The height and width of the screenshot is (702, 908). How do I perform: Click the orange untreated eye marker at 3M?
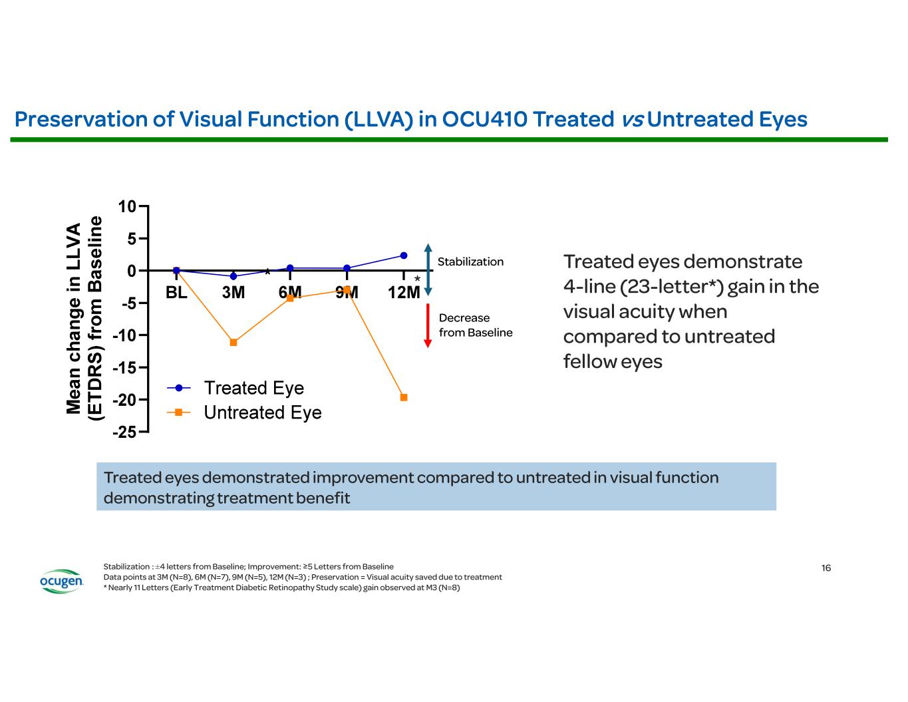click(x=233, y=342)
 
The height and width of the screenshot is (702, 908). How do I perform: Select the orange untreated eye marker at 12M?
click(x=404, y=397)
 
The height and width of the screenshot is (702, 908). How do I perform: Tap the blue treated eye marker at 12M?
click(x=404, y=256)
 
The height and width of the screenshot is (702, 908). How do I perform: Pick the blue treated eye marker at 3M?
click(x=233, y=276)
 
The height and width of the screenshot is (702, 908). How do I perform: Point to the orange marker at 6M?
click(x=290, y=298)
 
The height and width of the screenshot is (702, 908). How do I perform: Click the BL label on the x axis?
click(x=176, y=293)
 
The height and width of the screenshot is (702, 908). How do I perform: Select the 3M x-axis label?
click(x=233, y=293)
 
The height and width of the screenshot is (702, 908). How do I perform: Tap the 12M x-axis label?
click(x=404, y=293)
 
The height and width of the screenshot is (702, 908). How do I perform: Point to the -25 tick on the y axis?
click(x=124, y=433)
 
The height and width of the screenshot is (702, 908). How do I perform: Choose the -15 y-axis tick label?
click(x=124, y=368)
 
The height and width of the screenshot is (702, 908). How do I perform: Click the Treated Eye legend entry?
click(x=253, y=388)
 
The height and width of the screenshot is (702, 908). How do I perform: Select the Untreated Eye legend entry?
click(x=262, y=413)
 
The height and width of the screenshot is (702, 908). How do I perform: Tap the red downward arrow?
click(x=428, y=326)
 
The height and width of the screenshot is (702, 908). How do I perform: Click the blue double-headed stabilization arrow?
click(x=428, y=269)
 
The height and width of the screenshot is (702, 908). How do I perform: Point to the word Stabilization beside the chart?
click(x=470, y=262)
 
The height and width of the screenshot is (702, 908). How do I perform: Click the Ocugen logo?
click(x=62, y=582)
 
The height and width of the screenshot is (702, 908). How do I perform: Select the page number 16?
click(x=826, y=568)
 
